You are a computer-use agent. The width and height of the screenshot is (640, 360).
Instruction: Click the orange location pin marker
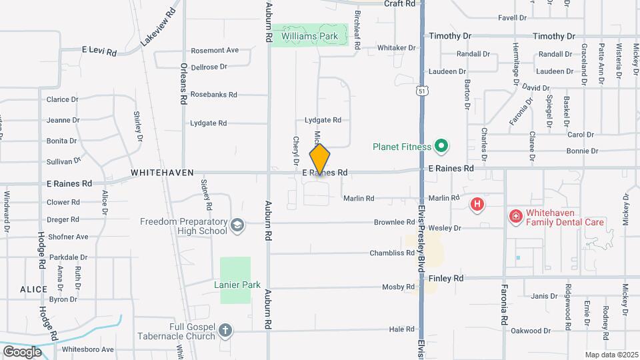tap(320, 159)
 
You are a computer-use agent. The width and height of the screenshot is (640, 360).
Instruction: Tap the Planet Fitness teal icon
tap(440, 145)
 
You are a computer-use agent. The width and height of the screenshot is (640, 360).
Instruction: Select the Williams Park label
tap(309, 35)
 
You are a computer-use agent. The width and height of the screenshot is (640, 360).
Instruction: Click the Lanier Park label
tap(237, 285)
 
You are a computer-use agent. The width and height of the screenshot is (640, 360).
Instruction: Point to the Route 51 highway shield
tap(421, 91)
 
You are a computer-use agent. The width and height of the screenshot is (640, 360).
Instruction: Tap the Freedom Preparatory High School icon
tap(237, 225)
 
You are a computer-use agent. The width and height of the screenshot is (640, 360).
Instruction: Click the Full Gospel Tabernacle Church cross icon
tap(225, 329)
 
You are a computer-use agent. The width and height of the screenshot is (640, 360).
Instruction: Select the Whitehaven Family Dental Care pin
tap(515, 217)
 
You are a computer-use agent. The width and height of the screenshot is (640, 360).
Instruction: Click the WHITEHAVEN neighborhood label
tap(162, 173)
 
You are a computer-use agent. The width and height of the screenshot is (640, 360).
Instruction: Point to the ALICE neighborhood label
tap(33, 289)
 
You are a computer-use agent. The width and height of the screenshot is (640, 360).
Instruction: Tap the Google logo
tap(22, 351)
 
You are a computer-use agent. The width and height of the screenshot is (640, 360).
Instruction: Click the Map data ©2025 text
tap(611, 355)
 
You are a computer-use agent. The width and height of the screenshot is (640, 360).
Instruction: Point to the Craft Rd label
tap(400, 4)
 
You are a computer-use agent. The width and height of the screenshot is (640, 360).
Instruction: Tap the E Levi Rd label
tap(99, 51)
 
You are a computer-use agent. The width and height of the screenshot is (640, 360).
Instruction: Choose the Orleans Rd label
tap(183, 84)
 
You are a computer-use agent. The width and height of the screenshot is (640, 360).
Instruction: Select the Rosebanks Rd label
tap(213, 95)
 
